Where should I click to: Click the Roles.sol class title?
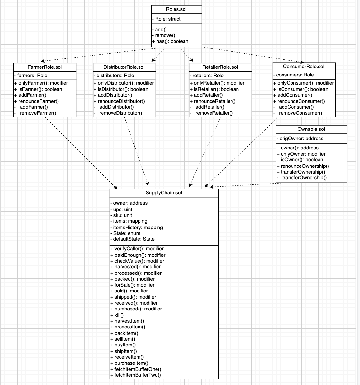176,9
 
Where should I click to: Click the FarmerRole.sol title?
45,67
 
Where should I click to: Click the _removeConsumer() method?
299,113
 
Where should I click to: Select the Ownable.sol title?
311,129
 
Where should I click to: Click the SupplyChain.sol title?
164,193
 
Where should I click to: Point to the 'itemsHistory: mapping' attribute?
138,228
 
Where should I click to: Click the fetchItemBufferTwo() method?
137,375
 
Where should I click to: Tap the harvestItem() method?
129,321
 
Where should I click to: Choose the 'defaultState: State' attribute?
134,239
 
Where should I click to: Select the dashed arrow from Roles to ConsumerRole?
254,55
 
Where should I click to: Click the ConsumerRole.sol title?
303,67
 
